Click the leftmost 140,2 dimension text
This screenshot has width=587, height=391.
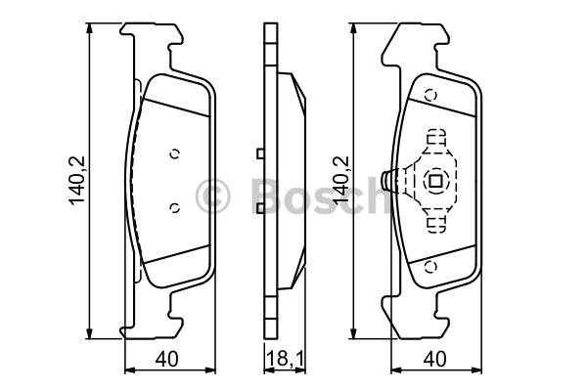77,181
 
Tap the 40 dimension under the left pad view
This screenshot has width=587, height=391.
167,359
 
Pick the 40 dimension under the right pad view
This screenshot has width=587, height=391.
434,359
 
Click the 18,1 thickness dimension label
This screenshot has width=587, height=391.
286,359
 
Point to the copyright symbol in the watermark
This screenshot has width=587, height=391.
212,196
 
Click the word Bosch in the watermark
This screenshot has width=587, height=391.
320,195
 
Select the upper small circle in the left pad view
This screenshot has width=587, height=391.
175,153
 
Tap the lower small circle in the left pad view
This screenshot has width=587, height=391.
175,207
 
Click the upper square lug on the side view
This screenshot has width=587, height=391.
260,153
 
